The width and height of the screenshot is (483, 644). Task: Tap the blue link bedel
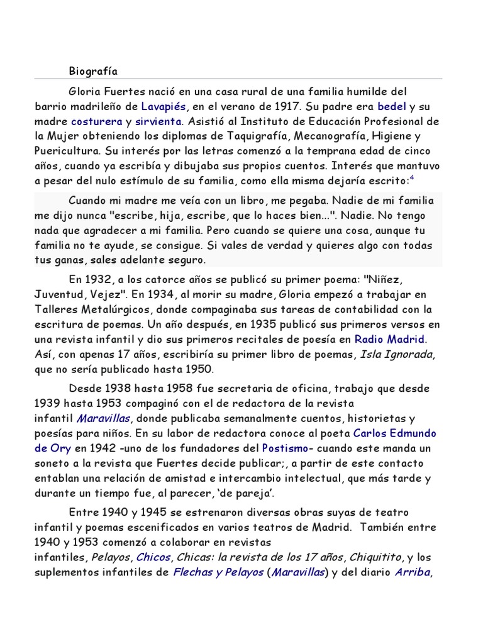(x=391, y=106)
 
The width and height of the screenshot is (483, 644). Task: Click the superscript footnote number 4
(x=412, y=178)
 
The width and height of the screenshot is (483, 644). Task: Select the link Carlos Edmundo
(x=395, y=433)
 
